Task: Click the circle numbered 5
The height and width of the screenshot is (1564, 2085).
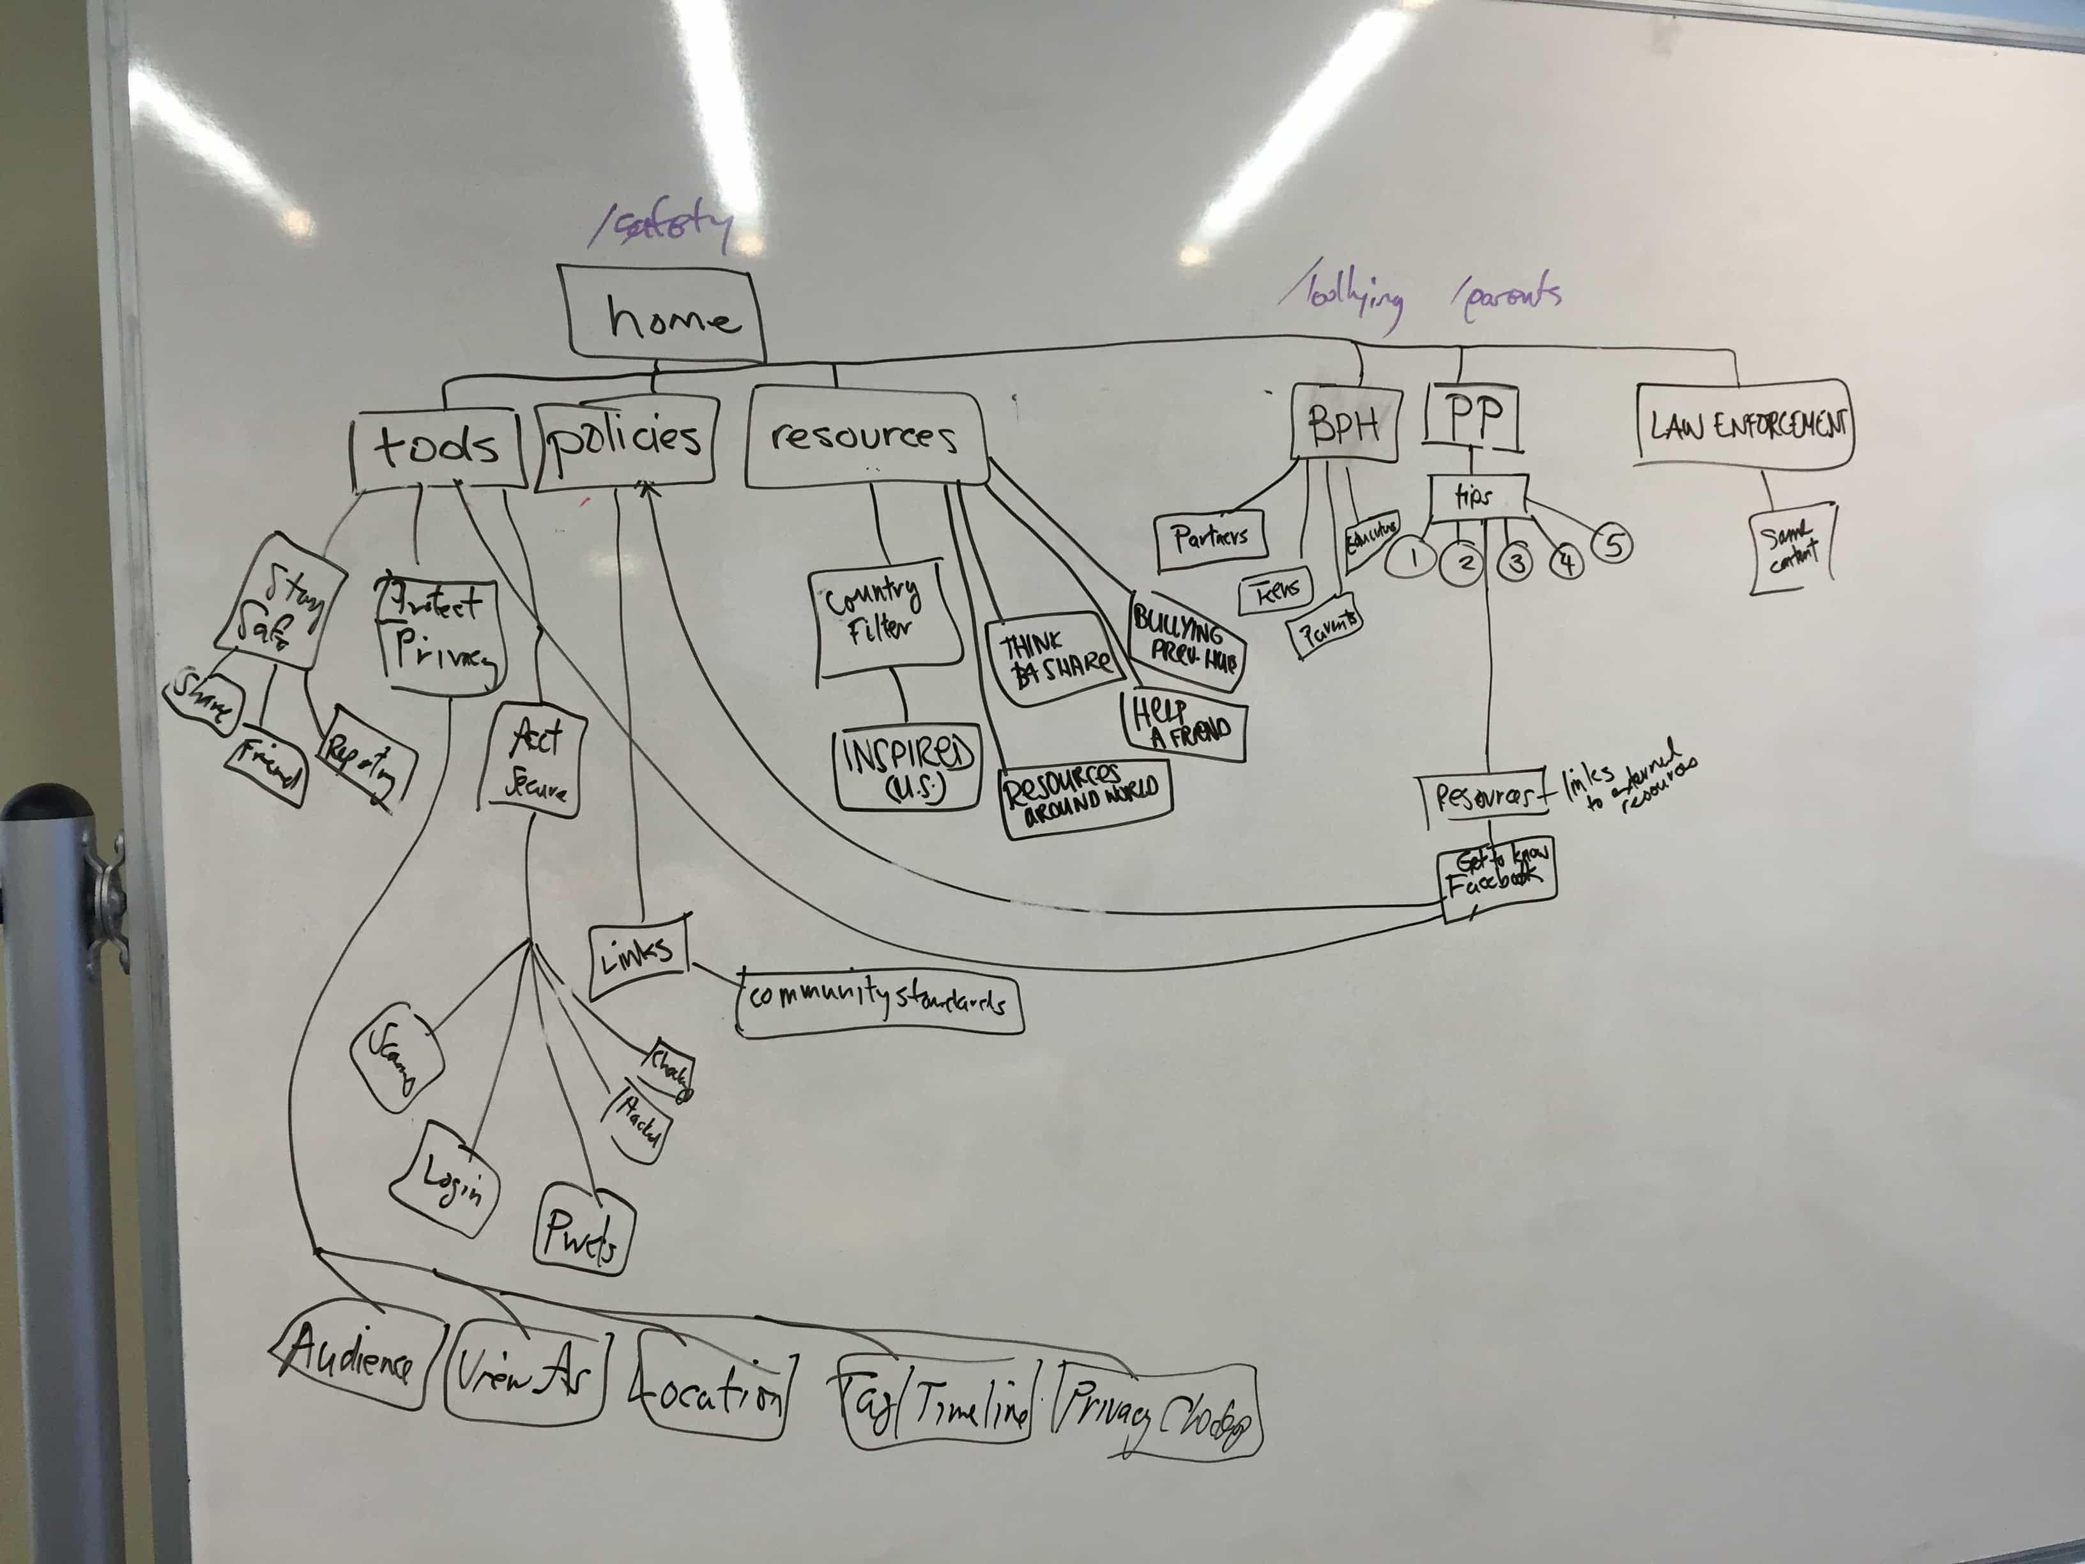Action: (x=1613, y=545)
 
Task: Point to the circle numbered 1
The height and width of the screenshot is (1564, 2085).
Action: (x=1411, y=559)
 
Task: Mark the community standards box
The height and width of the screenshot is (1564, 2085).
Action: (x=880, y=1002)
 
